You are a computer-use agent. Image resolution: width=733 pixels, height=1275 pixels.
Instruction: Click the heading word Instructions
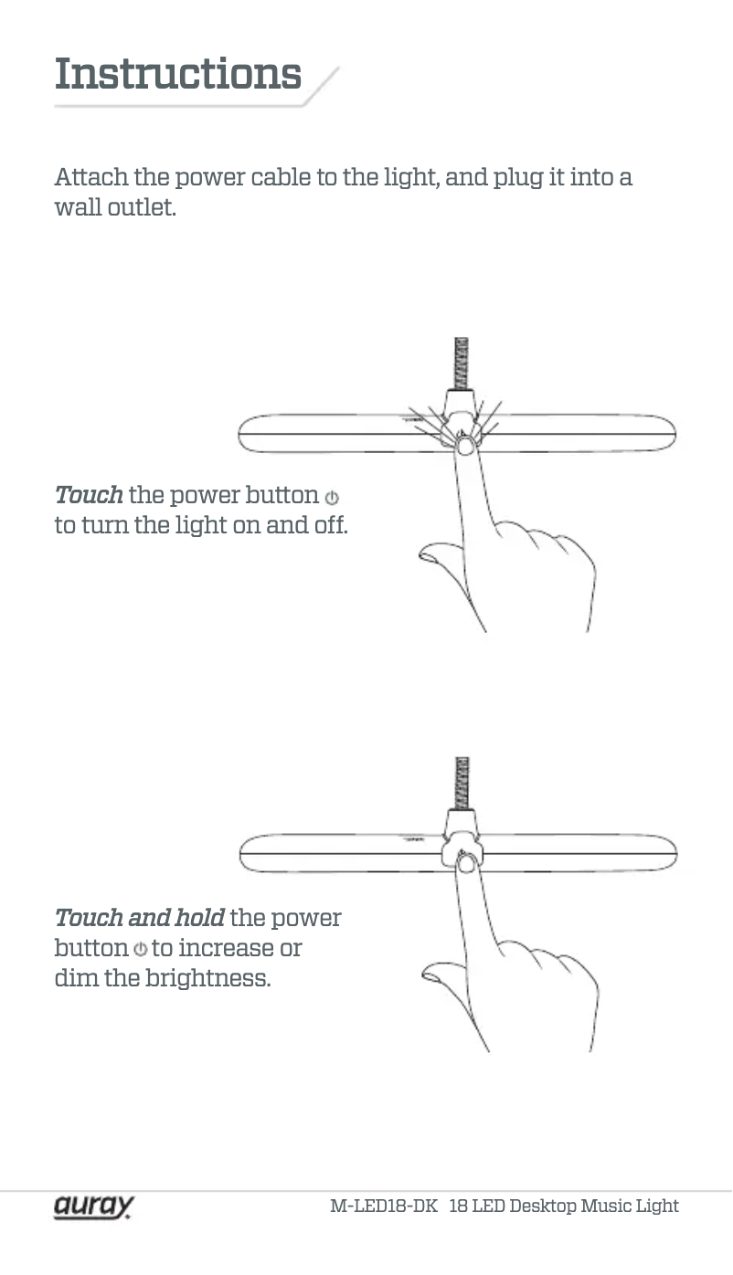click(177, 74)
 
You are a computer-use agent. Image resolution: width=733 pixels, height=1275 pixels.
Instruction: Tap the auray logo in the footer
click(93, 1206)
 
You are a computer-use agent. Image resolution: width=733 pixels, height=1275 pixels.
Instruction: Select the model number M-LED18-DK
click(383, 1206)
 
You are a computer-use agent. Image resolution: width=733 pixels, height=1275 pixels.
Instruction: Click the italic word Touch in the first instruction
click(88, 495)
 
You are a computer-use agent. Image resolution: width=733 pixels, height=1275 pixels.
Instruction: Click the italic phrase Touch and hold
click(139, 917)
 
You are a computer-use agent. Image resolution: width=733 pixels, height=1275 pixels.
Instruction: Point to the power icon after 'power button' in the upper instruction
click(332, 498)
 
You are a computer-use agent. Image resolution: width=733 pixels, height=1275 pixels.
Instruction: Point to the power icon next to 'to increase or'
click(140, 949)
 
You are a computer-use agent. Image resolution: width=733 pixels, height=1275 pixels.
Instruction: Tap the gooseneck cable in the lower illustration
click(462, 781)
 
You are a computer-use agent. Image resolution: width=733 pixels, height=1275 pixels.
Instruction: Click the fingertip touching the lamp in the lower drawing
click(465, 863)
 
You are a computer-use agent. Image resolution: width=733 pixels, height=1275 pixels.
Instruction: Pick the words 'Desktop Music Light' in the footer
click(594, 1206)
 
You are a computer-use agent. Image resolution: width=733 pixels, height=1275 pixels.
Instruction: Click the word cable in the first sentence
click(281, 176)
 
